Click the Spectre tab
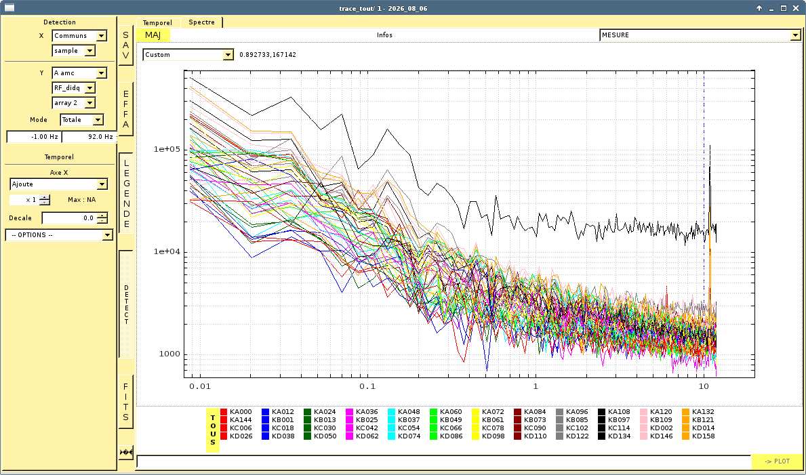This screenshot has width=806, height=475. click(x=201, y=22)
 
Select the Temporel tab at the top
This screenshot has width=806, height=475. click(x=157, y=22)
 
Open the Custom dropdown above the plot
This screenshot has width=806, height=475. click(x=188, y=54)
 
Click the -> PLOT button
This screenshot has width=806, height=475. click(x=777, y=461)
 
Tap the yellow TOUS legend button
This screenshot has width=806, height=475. click(x=213, y=430)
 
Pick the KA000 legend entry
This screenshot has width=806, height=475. click(x=237, y=412)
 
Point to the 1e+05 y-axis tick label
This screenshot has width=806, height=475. click(x=166, y=149)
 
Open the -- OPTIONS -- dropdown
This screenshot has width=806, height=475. click(x=59, y=235)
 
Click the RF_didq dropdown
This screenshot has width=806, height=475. click(x=73, y=88)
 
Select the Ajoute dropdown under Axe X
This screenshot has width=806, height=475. click(x=58, y=184)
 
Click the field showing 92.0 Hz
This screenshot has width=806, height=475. click(x=88, y=137)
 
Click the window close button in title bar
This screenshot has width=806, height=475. click(x=797, y=8)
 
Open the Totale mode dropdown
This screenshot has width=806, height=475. click(x=82, y=120)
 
